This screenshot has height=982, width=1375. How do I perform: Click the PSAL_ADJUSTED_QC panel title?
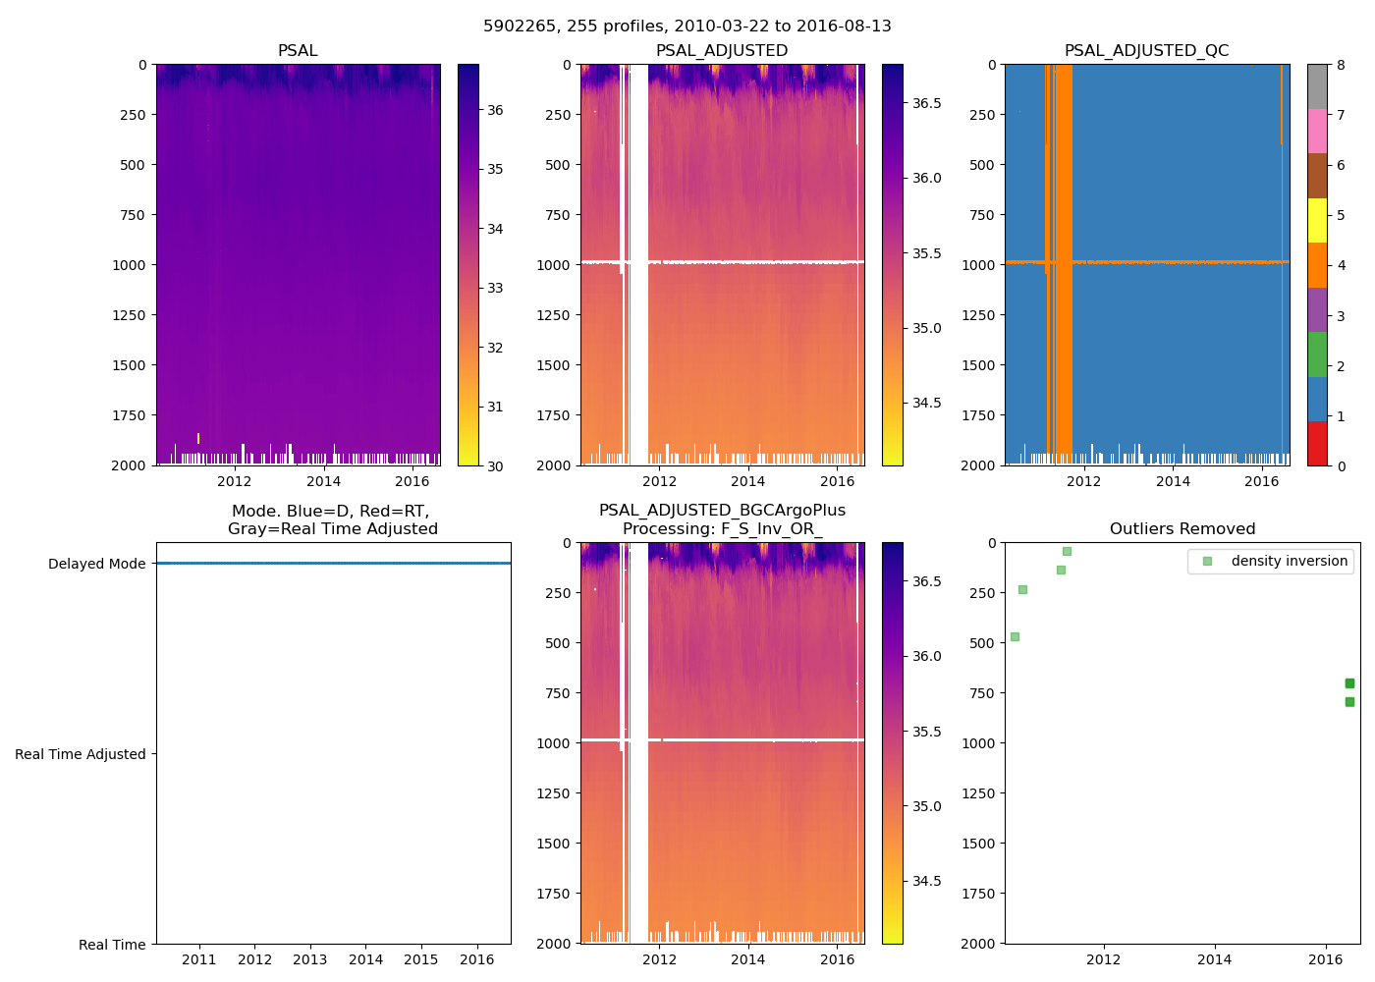click(1146, 51)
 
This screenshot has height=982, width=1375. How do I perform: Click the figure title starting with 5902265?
click(687, 27)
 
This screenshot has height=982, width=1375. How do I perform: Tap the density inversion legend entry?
click(1289, 561)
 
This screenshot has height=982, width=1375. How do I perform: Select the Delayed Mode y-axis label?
click(96, 564)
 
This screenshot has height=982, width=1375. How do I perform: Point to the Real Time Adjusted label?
click(80, 754)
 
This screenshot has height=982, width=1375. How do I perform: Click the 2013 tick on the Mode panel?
click(310, 959)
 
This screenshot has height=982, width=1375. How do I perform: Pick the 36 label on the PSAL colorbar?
click(495, 110)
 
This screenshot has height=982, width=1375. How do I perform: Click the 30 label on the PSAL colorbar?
click(495, 465)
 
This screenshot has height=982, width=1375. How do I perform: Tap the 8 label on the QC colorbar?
click(1341, 65)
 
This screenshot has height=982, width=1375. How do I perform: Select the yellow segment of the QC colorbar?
click(1317, 221)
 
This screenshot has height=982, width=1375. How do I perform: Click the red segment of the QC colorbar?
click(1317, 444)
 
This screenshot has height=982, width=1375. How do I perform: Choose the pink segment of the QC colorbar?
click(1317, 132)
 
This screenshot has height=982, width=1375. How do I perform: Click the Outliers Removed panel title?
click(1182, 529)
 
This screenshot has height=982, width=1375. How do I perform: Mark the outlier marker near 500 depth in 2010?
click(1015, 636)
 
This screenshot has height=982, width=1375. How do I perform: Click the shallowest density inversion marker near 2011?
click(1067, 551)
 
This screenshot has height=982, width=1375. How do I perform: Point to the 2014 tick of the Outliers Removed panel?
click(1215, 959)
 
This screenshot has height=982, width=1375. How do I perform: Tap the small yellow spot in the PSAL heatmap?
click(198, 438)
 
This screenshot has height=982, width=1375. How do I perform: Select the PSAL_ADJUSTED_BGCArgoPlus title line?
click(722, 511)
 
